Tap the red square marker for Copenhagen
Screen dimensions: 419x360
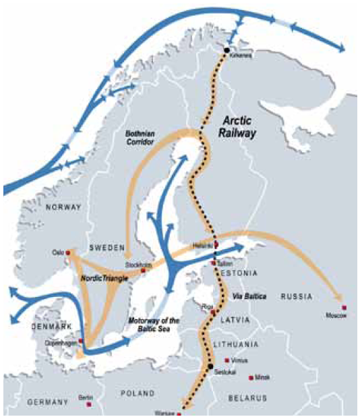81,341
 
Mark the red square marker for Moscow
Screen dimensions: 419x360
344,308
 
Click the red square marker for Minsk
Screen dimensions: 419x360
251,378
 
